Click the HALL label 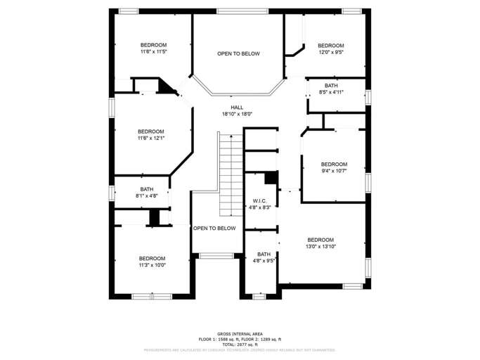[237, 107]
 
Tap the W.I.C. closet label [259, 200]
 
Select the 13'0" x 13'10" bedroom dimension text [320, 247]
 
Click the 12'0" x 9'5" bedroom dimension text [330, 51]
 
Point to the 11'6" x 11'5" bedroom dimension [153, 51]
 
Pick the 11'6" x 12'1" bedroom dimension [150, 138]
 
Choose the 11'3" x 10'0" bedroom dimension [151, 265]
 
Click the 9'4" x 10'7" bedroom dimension [334, 171]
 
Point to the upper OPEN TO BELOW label [238, 53]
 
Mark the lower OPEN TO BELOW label [214, 228]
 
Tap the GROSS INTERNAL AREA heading [240, 334]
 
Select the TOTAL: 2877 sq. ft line [240, 345]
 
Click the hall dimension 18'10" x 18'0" [237, 114]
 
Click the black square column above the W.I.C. [269, 177]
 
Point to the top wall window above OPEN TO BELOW [238, 11]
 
